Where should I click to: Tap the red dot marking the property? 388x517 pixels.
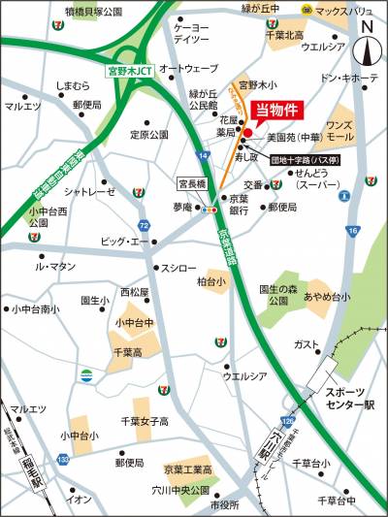point(247,133)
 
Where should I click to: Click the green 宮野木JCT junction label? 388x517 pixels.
point(129,71)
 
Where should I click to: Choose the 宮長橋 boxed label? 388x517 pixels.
point(191,181)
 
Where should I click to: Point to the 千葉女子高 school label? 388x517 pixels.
point(145,421)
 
